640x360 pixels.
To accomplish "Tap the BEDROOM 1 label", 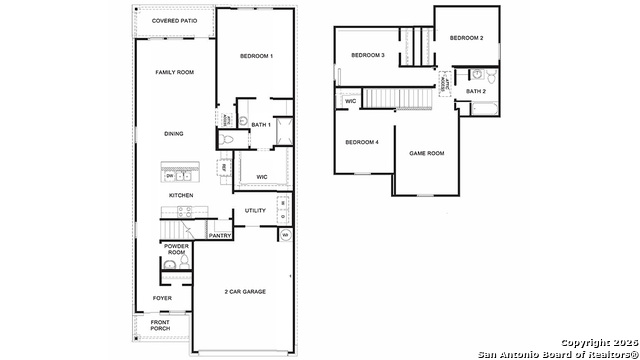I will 256,57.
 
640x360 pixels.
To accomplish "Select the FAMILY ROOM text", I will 174,73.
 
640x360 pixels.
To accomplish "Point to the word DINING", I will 174,133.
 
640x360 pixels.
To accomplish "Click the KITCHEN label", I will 180,195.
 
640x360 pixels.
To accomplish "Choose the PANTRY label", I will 220,235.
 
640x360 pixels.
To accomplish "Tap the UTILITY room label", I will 255,211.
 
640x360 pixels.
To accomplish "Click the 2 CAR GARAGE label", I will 244,292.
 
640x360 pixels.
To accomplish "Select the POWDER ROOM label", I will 177,249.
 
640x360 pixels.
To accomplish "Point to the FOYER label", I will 162,298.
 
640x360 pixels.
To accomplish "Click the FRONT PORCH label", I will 160,325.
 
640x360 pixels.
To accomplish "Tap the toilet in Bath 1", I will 228,142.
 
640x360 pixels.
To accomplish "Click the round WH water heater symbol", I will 285,236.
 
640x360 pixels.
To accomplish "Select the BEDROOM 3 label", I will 368,54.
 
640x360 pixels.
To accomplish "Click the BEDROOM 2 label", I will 466,38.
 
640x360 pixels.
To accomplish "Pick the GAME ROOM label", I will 427,153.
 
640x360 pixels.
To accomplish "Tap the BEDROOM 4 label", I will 362,142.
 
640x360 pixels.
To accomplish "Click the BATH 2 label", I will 475,92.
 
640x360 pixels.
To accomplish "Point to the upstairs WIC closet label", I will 351,101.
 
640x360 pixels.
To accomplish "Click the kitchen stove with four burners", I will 184,211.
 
